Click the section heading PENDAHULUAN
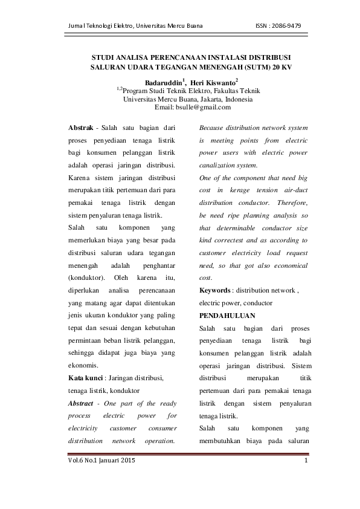pyautogui.click(x=227, y=316)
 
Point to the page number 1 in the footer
pyautogui.click(x=306, y=461)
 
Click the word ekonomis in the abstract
pyautogui.click(x=85, y=365)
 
